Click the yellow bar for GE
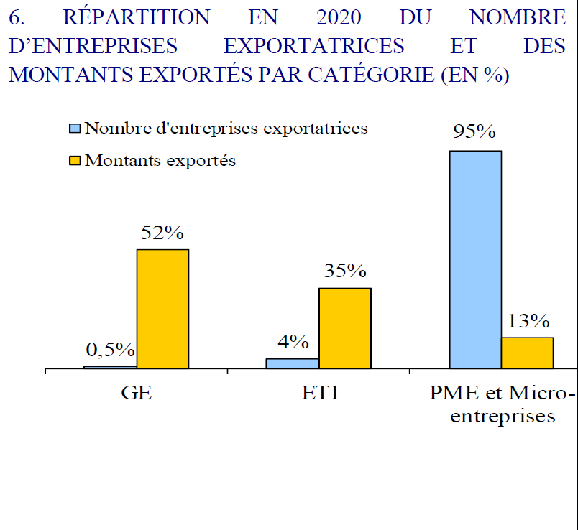(162, 309)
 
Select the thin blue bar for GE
(110, 367)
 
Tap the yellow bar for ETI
(345, 328)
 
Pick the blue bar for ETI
(293, 363)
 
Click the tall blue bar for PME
(475, 259)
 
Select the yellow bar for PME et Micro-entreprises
(527, 353)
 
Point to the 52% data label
(162, 233)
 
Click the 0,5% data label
(111, 350)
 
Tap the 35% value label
(345, 271)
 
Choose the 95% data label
(474, 132)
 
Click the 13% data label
(528, 320)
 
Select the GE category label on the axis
(137, 394)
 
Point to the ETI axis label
(318, 394)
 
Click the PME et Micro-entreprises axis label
(503, 404)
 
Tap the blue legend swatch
(75, 129)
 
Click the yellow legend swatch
(75, 161)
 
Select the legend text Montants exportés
(160, 161)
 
